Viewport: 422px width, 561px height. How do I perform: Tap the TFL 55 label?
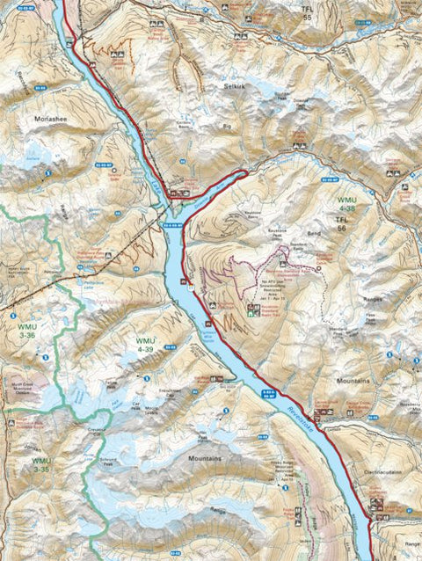pyautogui.click(x=307, y=13)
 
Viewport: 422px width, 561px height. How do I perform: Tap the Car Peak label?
pyautogui.click(x=136, y=406)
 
